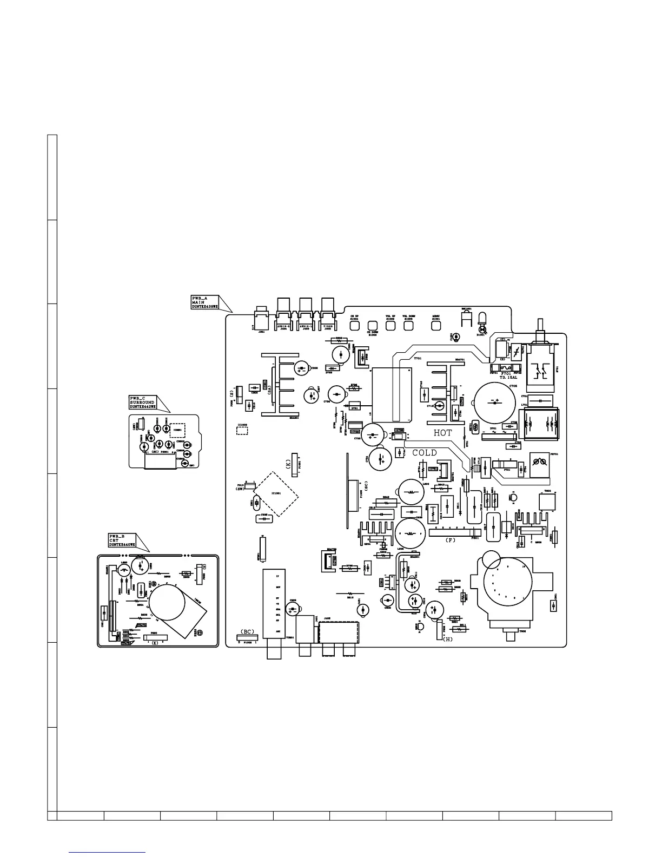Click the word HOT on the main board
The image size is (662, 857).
point(442,433)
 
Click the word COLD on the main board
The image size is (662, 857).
point(425,453)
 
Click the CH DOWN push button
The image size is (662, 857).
point(372,326)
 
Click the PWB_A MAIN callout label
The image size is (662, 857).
point(204,302)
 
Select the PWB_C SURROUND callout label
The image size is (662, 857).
point(142,403)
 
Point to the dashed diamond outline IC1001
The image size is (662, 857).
point(276,493)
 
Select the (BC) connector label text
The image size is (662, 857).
point(247,631)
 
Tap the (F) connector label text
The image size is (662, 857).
point(451,540)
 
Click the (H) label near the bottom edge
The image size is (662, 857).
point(447,639)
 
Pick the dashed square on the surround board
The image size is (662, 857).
point(177,430)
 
